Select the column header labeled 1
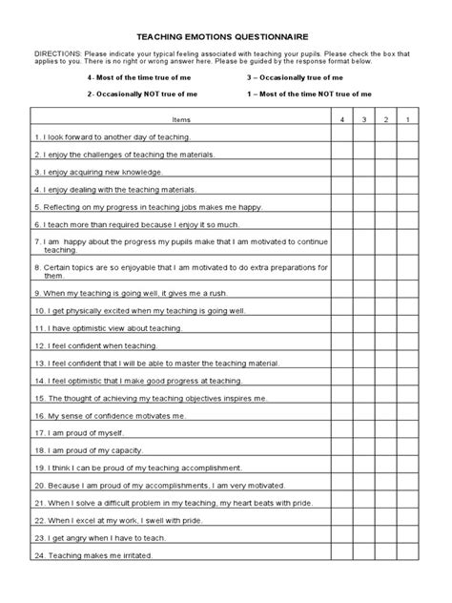[407, 120]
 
